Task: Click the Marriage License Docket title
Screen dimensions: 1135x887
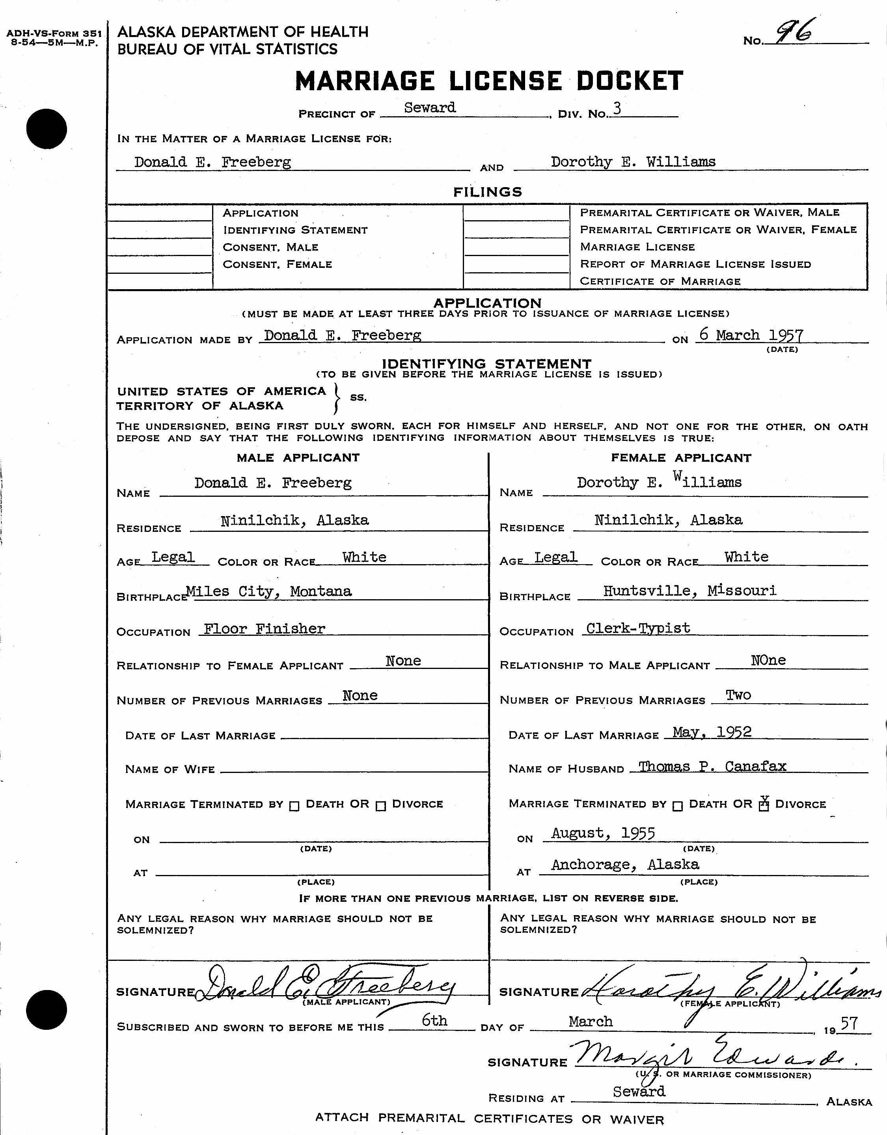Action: pyautogui.click(x=489, y=81)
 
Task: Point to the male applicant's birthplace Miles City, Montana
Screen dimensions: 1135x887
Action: pyautogui.click(x=269, y=591)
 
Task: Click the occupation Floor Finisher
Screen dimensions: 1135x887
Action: pyautogui.click(x=264, y=629)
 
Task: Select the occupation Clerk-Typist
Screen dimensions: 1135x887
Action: pyautogui.click(x=638, y=628)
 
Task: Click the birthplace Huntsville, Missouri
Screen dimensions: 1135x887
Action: pyautogui.click(x=689, y=591)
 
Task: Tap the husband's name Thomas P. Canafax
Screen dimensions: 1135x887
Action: pyautogui.click(x=712, y=766)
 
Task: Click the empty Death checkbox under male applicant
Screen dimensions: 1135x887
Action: pyautogui.click(x=294, y=806)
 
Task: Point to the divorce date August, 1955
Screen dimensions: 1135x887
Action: pyautogui.click(x=603, y=834)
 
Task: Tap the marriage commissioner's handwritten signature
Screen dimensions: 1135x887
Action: pyautogui.click(x=712, y=1055)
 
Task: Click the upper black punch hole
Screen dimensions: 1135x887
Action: pyautogui.click(x=47, y=129)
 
